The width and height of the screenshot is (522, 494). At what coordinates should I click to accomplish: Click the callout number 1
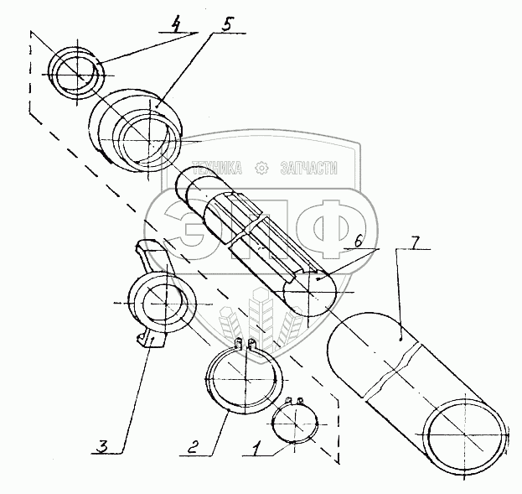[256, 448]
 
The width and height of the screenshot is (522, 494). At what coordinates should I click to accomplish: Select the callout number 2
[193, 446]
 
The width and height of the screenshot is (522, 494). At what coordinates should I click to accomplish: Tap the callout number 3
[102, 446]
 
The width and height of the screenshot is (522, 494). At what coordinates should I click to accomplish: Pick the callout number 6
[359, 241]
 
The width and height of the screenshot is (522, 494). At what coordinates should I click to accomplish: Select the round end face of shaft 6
[310, 294]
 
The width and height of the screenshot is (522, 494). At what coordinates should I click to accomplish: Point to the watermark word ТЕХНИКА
[217, 168]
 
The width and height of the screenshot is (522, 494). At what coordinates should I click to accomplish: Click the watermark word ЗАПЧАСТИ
[308, 168]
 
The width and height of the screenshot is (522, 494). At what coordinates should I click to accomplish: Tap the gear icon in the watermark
[261, 168]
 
